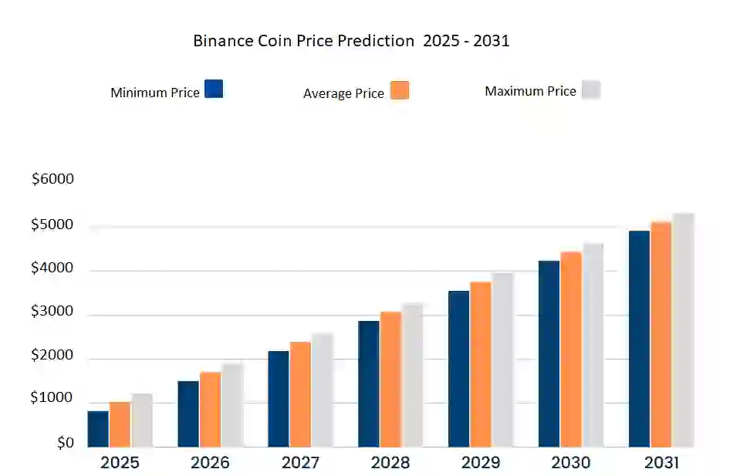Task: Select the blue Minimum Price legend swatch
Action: (214, 89)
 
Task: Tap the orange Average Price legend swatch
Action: (400, 90)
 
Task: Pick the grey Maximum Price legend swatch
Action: (591, 89)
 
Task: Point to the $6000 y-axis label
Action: (52, 179)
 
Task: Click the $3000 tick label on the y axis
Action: (52, 312)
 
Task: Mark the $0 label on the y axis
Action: (64, 444)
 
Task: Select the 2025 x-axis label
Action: (120, 463)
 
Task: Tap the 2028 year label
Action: (390, 463)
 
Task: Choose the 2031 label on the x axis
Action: (660, 463)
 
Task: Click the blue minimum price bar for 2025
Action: (98, 429)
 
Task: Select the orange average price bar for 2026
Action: (210, 410)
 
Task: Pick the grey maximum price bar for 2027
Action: (322, 390)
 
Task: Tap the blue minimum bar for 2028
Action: (368, 383)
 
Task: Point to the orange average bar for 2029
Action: (481, 364)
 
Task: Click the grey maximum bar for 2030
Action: (593, 345)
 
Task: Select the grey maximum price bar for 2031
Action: (683, 330)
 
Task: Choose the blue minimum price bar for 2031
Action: (639, 339)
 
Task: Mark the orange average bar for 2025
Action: (120, 424)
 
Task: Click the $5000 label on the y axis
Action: (52, 225)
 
